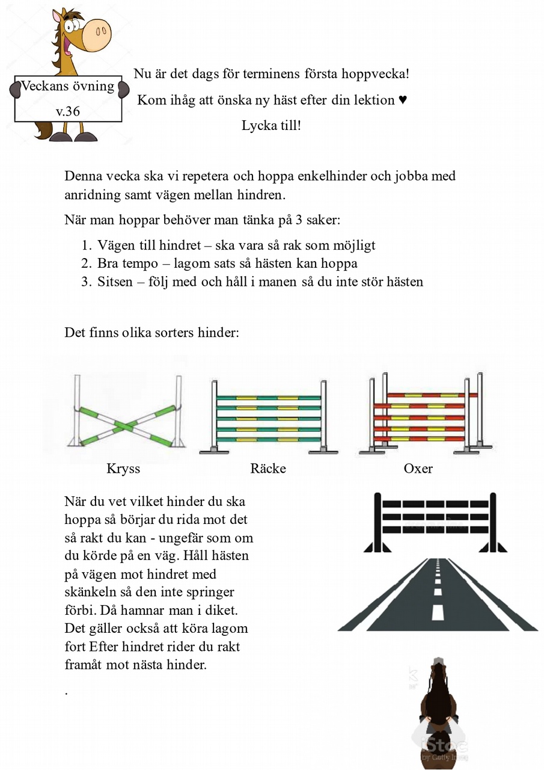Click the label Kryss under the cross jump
123,469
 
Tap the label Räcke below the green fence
268,469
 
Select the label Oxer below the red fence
418,469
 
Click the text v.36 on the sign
68,111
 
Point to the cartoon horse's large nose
96,34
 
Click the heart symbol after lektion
403,100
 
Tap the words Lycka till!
271,126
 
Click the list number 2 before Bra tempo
85,263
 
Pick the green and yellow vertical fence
268,418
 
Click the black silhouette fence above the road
435,521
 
